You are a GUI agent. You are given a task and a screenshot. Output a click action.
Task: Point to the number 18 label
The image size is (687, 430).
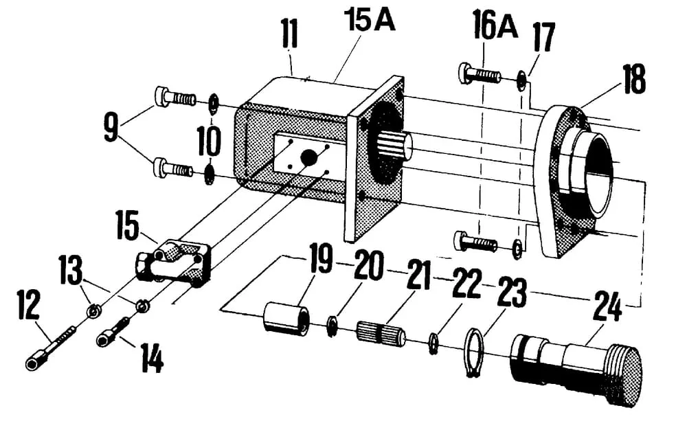point(633,80)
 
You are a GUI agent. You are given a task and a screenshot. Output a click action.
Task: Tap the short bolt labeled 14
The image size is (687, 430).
point(113,331)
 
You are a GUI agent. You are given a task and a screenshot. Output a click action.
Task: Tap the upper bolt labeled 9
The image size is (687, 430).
point(175,98)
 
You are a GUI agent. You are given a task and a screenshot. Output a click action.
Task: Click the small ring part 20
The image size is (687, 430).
point(332,325)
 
